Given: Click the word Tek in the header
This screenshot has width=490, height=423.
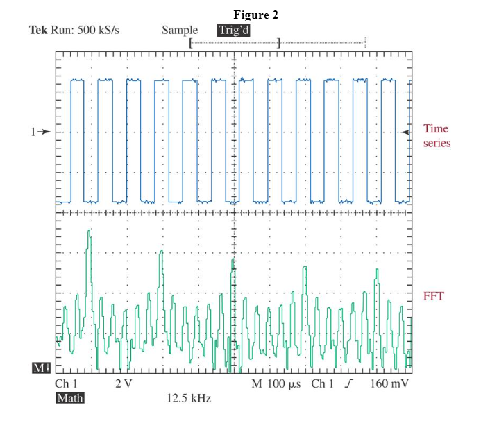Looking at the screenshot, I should pos(39,31).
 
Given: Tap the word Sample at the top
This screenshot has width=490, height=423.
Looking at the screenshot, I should pos(180,31).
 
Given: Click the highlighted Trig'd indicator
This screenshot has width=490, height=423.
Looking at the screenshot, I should pos(233,31).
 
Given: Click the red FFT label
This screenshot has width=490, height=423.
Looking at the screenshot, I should pos(434,297).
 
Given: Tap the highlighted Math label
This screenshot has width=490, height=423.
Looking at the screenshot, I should pos(69,398).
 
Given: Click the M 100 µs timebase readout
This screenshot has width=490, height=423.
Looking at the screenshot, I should pos(276,384).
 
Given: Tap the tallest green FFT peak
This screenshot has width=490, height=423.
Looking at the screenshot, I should pos(88,232).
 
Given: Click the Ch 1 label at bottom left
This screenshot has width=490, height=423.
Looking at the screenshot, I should pos(66,384).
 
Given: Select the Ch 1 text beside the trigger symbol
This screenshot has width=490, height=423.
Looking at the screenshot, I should pos(322,384).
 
